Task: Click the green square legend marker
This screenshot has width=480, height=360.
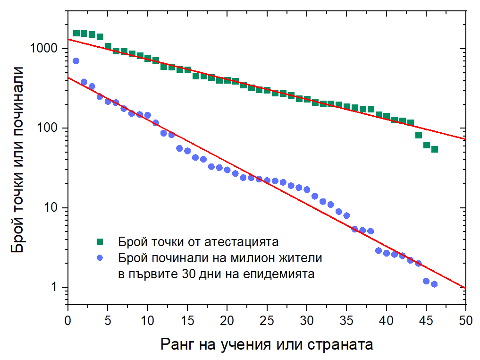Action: pyautogui.click(x=100, y=242)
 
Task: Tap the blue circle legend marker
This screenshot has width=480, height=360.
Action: pyautogui.click(x=100, y=258)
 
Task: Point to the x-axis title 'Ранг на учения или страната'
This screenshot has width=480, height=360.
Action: pyautogui.click(x=267, y=343)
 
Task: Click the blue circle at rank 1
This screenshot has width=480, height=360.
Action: pyautogui.click(x=76, y=61)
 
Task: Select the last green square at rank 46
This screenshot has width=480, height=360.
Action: pyautogui.click(x=434, y=149)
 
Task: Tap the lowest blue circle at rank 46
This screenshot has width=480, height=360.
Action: pyautogui.click(x=434, y=284)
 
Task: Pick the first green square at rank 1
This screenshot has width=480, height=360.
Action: pyautogui.click(x=76, y=33)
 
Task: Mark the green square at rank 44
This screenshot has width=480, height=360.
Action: pyautogui.click(x=419, y=135)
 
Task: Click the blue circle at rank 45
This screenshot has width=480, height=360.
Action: pyautogui.click(x=426, y=281)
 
